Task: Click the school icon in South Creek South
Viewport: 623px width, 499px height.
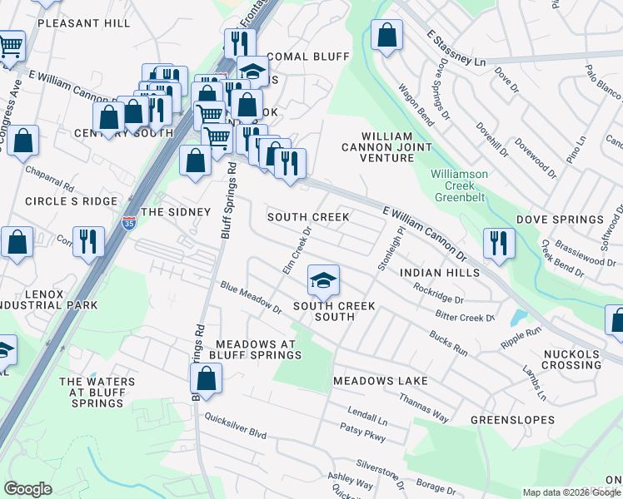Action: (x=323, y=280)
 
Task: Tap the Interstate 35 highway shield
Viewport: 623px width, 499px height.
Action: (x=128, y=223)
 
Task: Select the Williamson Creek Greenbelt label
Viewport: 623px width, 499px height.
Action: (x=459, y=185)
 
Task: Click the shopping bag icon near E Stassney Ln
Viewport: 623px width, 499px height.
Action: (x=386, y=36)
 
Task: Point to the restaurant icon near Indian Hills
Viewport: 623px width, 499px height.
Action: (x=498, y=242)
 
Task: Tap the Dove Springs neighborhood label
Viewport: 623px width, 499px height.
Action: (x=560, y=220)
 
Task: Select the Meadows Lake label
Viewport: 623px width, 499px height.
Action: (x=381, y=381)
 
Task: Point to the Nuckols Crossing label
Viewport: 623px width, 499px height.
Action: (x=571, y=359)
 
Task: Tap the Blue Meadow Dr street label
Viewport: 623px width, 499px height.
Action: (x=252, y=299)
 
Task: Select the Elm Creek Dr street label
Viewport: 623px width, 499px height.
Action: (x=297, y=252)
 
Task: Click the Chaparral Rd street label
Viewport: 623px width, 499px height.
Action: (x=51, y=175)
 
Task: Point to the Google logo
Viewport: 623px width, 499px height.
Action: (x=27, y=489)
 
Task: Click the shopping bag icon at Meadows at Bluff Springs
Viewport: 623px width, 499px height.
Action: (x=206, y=380)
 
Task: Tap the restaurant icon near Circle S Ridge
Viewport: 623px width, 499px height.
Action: (x=88, y=242)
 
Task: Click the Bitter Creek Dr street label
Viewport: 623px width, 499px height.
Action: (x=465, y=317)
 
